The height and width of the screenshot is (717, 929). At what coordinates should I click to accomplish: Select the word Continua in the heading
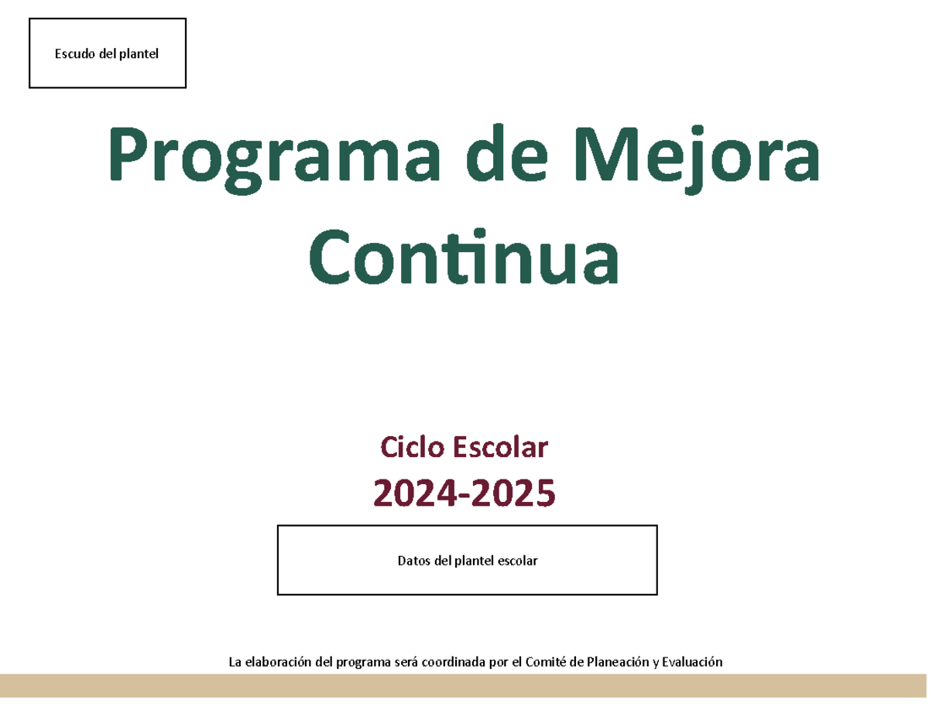464,256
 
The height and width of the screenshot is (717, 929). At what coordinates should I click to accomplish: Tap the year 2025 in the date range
516,493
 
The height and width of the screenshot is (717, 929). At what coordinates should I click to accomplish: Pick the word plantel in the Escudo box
138,54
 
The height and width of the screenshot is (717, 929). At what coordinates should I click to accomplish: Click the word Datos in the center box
413,561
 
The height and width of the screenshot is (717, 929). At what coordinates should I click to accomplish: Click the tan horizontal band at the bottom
464,685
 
